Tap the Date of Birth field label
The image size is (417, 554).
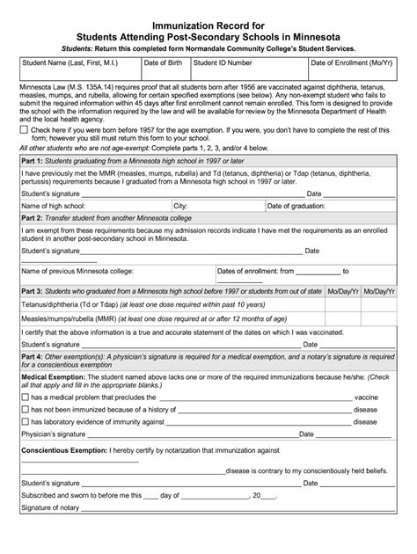tap(164, 63)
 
